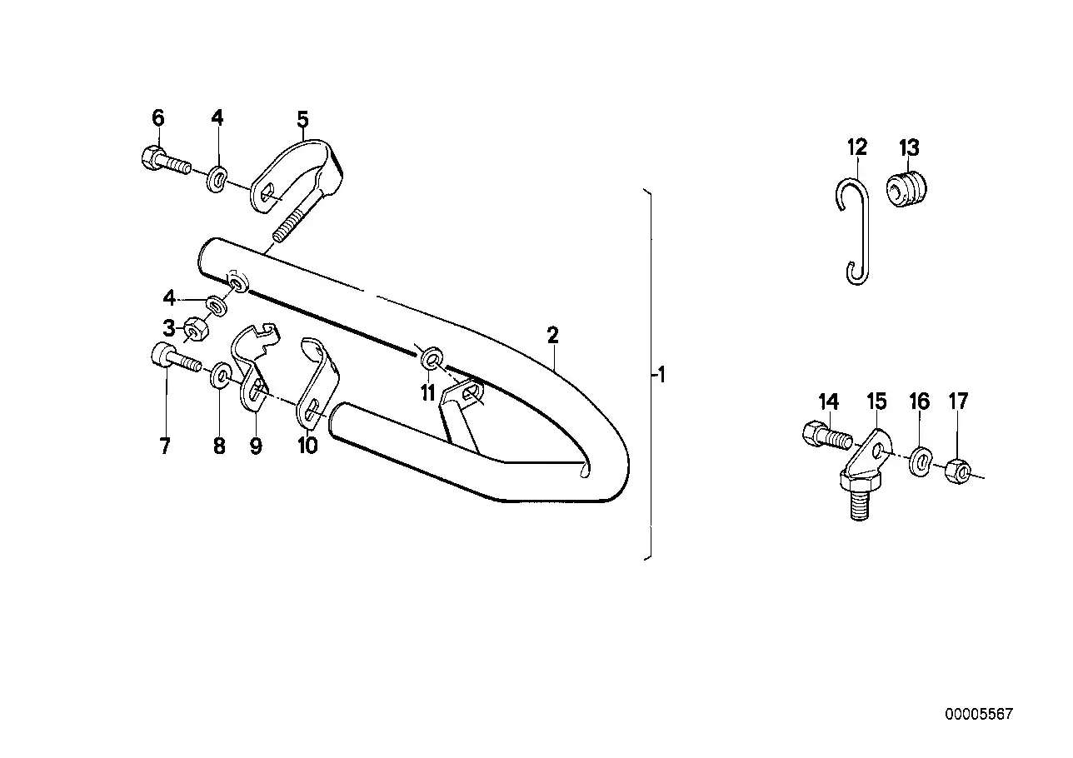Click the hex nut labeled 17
(x=959, y=472)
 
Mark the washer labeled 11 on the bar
(x=431, y=359)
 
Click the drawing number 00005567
(x=978, y=714)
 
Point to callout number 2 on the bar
(x=552, y=336)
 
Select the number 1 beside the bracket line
(x=660, y=376)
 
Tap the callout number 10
(x=307, y=446)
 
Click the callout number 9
(x=256, y=446)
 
